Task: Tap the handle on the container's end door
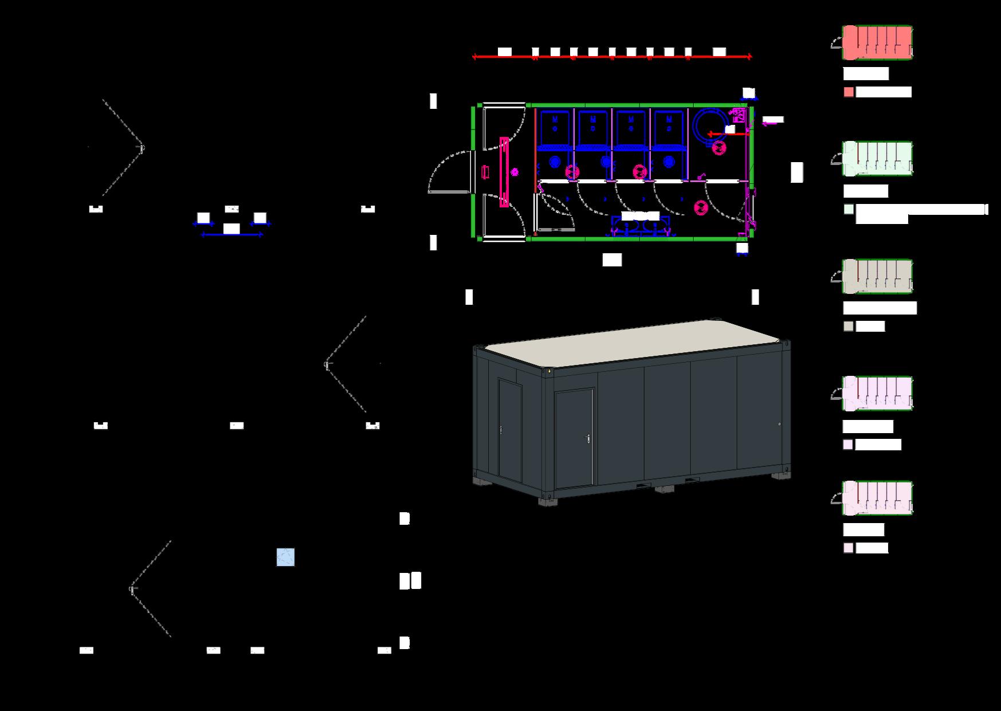coord(501,429)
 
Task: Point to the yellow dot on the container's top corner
coord(549,371)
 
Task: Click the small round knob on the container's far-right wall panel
coord(779,424)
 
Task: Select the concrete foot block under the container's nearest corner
coord(547,501)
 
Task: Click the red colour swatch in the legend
coord(849,92)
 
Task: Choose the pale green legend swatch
coord(849,210)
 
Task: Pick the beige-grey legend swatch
coord(849,326)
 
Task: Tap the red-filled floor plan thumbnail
coord(877,42)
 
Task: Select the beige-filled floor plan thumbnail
coord(877,276)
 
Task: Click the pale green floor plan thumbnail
coord(877,159)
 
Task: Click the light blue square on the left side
coord(285,557)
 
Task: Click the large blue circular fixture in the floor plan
coord(709,124)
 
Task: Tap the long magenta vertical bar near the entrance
coord(504,172)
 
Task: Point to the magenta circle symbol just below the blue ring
coord(720,148)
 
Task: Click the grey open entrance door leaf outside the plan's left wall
coord(446,192)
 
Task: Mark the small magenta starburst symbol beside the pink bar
coord(515,171)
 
